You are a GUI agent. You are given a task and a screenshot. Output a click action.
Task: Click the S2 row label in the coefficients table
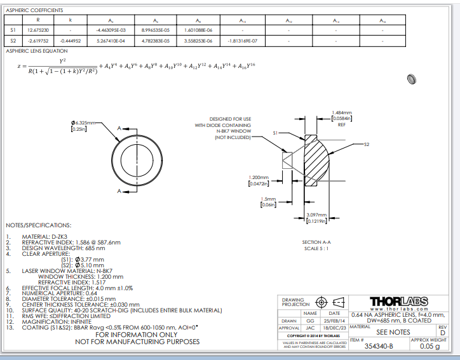tap(12, 41)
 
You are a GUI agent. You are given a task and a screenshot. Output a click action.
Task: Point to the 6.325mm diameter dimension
tap(83, 122)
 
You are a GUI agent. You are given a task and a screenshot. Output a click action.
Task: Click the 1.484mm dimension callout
tap(342, 112)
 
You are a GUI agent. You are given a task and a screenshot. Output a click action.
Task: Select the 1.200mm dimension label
tap(259, 177)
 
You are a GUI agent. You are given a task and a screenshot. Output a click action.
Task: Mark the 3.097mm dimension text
tap(316, 215)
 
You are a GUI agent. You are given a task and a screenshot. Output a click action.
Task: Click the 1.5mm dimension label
tap(269, 198)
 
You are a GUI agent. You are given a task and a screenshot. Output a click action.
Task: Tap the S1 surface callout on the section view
tap(276, 133)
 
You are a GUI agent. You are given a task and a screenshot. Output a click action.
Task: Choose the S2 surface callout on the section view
tap(366, 145)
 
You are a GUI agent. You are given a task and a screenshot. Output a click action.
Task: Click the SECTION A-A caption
tap(316, 242)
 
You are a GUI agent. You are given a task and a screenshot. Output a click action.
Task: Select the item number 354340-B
tap(379, 347)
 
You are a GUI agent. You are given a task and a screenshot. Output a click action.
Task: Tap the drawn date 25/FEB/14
tap(334, 321)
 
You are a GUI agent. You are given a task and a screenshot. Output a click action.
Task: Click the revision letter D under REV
tap(443, 333)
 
